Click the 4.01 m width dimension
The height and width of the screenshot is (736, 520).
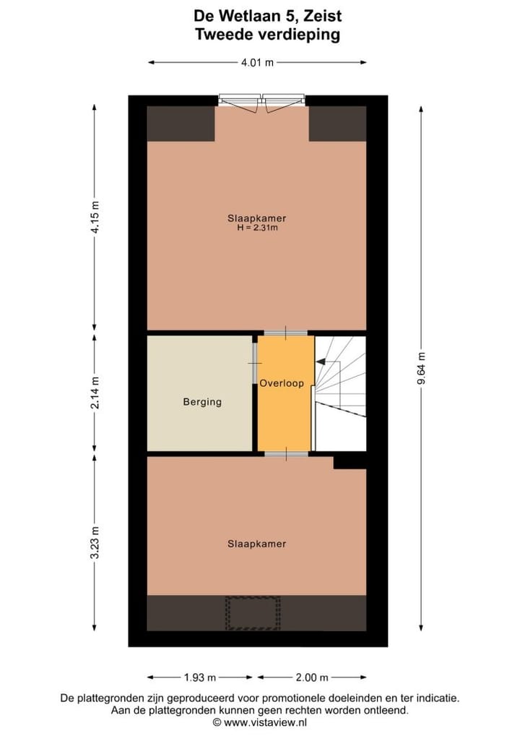pos(257,63)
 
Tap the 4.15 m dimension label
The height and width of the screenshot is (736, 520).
pos(95,215)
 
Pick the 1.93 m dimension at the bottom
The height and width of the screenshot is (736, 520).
pos(200,677)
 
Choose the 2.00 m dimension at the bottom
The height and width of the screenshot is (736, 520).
pos(312,677)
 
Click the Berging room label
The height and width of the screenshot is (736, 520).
pos(202,402)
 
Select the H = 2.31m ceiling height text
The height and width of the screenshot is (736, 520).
pos(258,228)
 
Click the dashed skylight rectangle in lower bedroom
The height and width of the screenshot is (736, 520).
pos(252,613)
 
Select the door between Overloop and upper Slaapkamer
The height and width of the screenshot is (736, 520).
pos(285,333)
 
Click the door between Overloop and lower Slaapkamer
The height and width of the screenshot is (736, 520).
pos(285,453)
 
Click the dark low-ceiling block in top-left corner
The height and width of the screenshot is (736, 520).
pos(181,124)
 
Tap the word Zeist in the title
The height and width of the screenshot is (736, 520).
pos(320,14)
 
